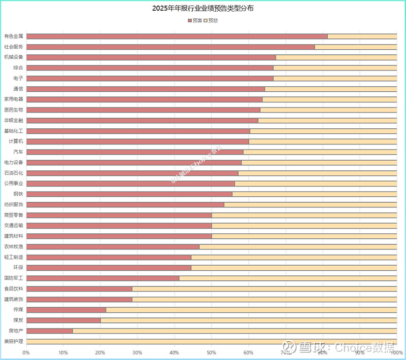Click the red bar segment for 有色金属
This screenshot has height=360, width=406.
click(x=177, y=36)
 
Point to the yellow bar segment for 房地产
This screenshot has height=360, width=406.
click(x=234, y=331)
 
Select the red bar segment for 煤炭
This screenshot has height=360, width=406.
click(x=63, y=320)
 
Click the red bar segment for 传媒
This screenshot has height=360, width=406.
click(x=66, y=309)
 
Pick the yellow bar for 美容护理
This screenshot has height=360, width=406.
click(x=211, y=341)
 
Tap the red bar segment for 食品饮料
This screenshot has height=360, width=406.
click(x=79, y=289)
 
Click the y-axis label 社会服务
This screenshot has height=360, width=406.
click(x=13, y=47)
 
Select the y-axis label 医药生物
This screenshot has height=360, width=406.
click(x=13, y=110)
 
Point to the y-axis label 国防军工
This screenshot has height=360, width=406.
click(x=13, y=278)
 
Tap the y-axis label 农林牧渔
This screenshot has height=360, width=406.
click(x=13, y=246)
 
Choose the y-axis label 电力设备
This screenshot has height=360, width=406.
click(x=13, y=162)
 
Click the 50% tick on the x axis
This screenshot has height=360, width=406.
click(x=211, y=352)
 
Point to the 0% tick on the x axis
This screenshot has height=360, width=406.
click(x=26, y=352)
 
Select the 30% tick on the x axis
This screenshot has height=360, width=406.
click(x=137, y=352)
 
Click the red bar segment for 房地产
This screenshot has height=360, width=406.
click(x=49, y=331)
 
